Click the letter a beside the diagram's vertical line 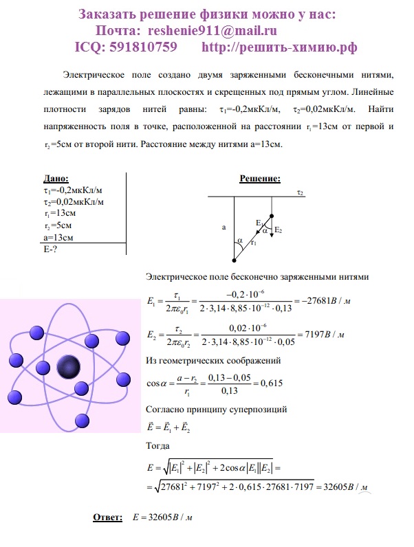224,225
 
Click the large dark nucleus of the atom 69,366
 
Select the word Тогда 160,445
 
